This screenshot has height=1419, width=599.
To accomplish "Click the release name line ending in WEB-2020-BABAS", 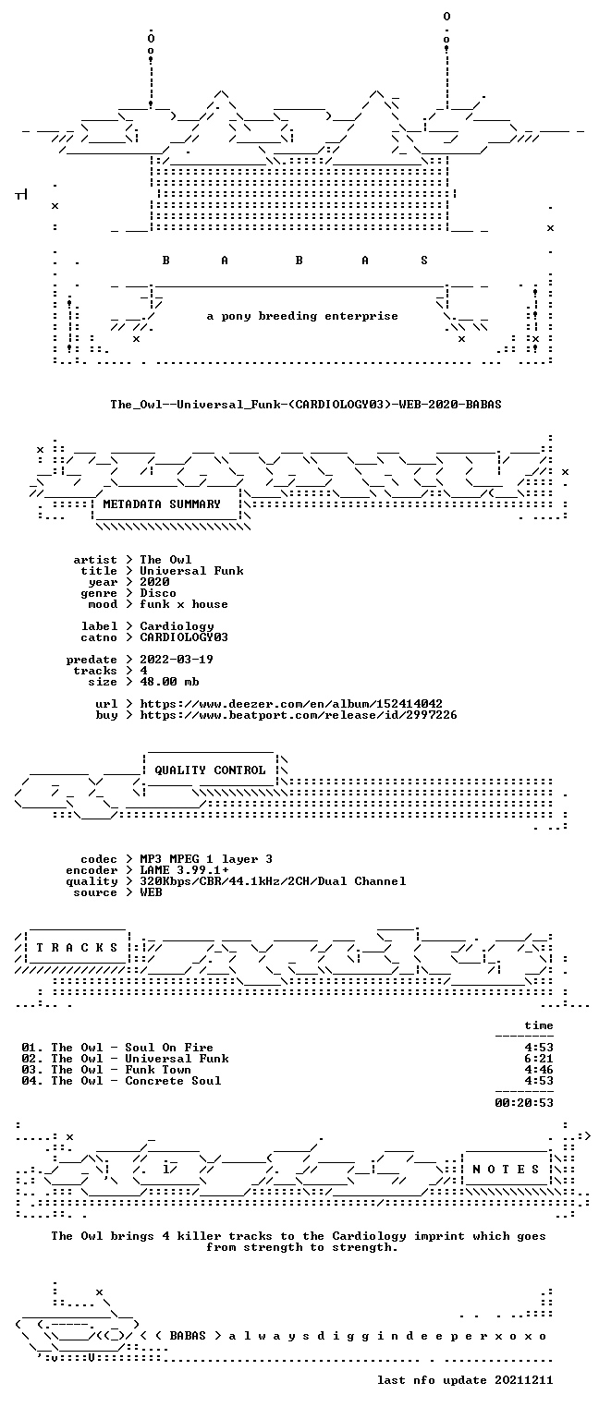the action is tap(306, 404).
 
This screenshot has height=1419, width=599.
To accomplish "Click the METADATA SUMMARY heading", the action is tap(162, 504).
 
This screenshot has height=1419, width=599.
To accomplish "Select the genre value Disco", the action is tap(158, 593).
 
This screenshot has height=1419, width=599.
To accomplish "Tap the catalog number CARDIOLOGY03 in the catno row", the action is tap(184, 637).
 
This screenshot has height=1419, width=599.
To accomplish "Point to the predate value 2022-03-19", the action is tap(177, 660).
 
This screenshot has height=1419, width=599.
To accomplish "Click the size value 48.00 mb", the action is tap(169, 682).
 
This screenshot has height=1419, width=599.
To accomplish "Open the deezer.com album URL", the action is tap(291, 704).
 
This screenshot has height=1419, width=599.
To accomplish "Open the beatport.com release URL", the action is tap(298, 715).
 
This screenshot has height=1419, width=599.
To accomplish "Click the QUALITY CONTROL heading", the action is tap(210, 770).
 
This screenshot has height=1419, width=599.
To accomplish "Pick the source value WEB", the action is tap(151, 892).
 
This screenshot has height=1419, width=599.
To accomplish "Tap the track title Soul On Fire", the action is tap(168, 1048).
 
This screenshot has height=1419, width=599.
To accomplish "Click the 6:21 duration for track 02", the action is tap(539, 1059).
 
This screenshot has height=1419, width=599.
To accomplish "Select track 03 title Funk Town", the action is tap(158, 1070).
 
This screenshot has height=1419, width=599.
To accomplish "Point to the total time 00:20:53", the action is tap(523, 1103).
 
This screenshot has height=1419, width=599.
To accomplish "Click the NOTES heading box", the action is tap(506, 1170).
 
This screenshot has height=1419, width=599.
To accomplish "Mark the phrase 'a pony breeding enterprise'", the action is tap(302, 316).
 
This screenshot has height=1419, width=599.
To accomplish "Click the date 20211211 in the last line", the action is tap(523, 1380).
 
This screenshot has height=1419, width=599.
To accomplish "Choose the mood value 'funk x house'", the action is tap(184, 604).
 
